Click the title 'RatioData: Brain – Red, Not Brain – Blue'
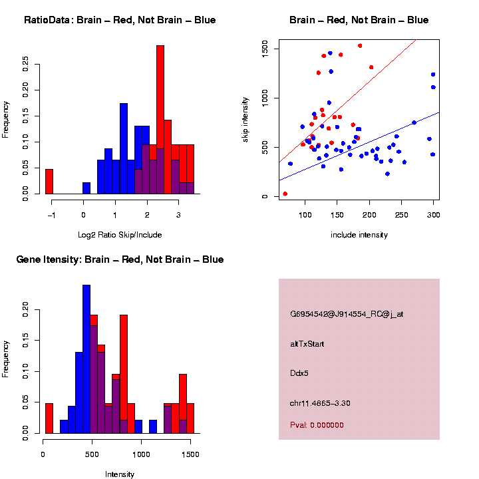pos(120,20)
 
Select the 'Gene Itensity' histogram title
pos(120,259)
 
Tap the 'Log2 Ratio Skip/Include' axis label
pos(120,234)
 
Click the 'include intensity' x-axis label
pos(359,234)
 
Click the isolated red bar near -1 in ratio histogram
pos(49,182)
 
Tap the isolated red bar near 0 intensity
pos(49,418)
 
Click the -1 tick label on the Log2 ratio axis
pos(51,216)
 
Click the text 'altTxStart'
pos(307,344)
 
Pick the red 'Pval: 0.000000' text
pos(317,425)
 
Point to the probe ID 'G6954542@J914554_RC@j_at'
pos(347,314)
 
